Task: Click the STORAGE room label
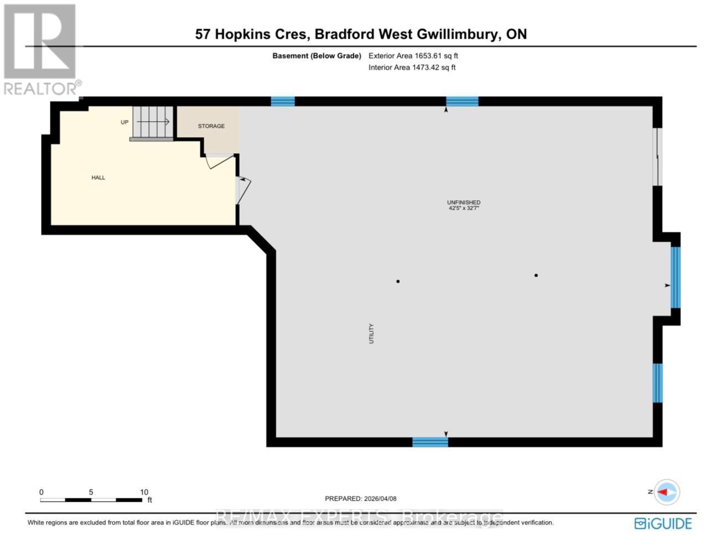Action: [x=211, y=126]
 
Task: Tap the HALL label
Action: [x=98, y=178]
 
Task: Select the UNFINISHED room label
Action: [x=464, y=202]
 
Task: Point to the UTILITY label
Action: [x=371, y=334]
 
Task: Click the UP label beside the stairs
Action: [x=125, y=122]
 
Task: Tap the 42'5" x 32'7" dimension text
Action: [x=464, y=209]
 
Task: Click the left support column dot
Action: [x=398, y=282]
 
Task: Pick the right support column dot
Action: [x=536, y=276]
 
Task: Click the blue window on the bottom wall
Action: [x=430, y=441]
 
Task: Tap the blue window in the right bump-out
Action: [x=675, y=277]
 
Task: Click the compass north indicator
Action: [x=667, y=492]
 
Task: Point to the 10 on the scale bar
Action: [x=144, y=492]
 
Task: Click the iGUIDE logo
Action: [x=663, y=523]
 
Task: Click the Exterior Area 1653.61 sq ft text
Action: [x=413, y=56]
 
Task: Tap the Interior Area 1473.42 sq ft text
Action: [x=412, y=67]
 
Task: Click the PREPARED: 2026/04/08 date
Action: [x=360, y=498]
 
